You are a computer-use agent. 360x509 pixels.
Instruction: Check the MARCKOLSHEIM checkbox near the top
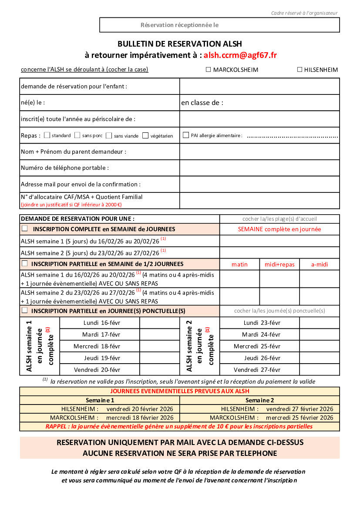pos(208,69)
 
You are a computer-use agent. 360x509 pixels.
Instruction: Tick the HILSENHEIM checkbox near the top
pos(299,69)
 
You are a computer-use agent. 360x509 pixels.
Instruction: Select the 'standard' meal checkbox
pos(47,135)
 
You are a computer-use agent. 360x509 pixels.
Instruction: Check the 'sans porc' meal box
pos(77,135)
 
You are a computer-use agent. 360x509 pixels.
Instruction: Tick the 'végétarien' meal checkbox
pos(145,135)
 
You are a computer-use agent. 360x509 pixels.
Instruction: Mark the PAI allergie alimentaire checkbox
pos(186,135)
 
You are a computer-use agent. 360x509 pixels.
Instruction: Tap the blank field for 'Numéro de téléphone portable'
pos(259,168)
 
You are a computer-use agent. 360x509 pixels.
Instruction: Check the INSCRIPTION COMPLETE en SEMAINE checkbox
pos(25,228)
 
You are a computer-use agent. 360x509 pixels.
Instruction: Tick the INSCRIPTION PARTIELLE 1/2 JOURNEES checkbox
pos(25,263)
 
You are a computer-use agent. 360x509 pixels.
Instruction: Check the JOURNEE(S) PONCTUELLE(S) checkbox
pos(25,310)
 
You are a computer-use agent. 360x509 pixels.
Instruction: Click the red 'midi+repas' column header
pos(279,264)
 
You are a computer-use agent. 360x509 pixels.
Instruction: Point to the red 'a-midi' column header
pos(320,264)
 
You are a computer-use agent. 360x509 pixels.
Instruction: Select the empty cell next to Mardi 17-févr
pos(159,334)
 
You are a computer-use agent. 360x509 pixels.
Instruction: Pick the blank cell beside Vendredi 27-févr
pos(320,370)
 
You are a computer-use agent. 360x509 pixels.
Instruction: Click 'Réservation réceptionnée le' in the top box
pos(179,25)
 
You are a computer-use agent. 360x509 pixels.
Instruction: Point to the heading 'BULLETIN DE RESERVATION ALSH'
pos(179,44)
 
